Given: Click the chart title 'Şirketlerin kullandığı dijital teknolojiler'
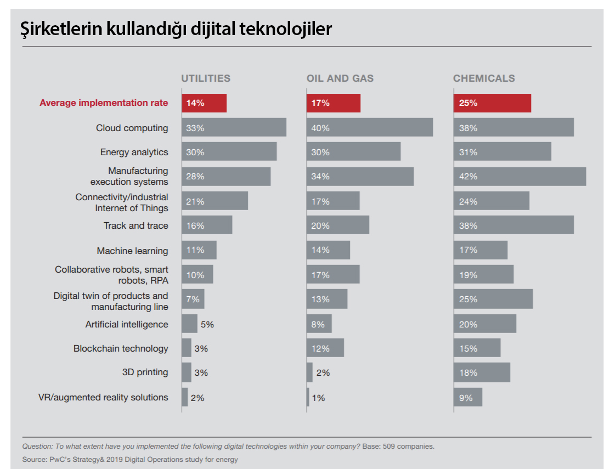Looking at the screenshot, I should point(176,29).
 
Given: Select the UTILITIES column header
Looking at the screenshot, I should point(206,78).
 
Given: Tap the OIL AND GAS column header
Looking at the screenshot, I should point(340,78).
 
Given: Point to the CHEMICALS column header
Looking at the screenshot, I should point(484,78).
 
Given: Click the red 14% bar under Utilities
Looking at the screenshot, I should point(204,103).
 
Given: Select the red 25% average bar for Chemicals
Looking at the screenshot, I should point(492,103).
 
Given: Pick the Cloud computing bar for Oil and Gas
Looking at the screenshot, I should point(370,127).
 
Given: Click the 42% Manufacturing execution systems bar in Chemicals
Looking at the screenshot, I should point(519,177).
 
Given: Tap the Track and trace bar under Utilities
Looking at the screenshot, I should point(207,225).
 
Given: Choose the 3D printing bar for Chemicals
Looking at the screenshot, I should point(482,372).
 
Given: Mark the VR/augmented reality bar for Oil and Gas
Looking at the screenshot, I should point(308,397).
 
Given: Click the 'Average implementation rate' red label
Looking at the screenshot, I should point(104,103).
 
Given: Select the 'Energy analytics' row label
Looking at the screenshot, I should point(134,152).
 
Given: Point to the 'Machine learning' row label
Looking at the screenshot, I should point(132,251).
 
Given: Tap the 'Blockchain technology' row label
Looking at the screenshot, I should point(121,348).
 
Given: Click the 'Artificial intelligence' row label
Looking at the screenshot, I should point(127,324).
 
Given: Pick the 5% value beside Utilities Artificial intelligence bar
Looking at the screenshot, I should point(207,324).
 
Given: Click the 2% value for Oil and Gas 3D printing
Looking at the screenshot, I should point(323,373).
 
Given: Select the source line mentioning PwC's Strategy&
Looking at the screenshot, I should point(130,459).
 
